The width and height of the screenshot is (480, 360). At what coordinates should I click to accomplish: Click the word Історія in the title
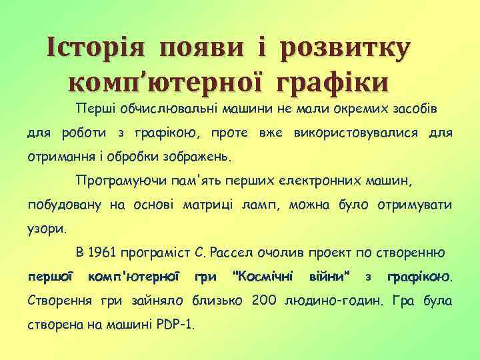coord(96,49)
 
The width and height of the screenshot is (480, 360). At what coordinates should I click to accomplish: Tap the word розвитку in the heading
coord(345,49)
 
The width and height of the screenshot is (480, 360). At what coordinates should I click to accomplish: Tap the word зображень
coord(196,158)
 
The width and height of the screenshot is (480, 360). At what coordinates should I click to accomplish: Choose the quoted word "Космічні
coord(262,275)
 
